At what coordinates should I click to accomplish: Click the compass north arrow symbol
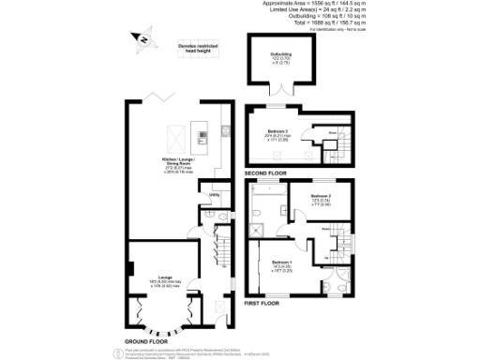tap(142, 39)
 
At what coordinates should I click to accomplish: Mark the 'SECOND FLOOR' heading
tap(265, 173)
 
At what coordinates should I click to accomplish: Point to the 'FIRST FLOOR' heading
tap(262, 304)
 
